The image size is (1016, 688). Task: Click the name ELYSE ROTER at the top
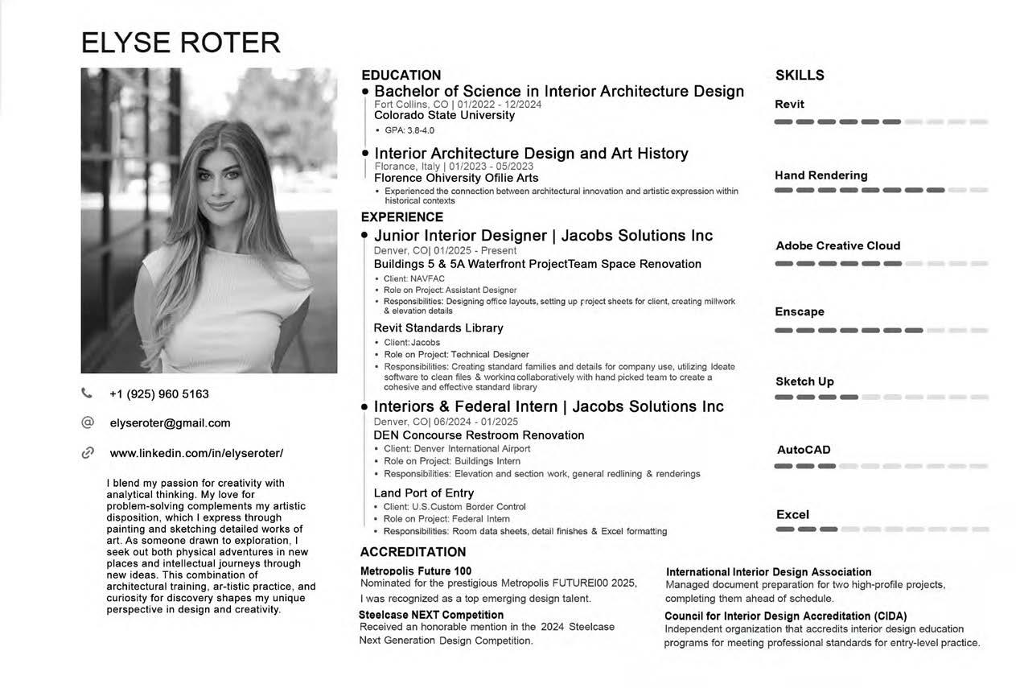[x=180, y=43]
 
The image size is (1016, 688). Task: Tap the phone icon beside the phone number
[x=87, y=393]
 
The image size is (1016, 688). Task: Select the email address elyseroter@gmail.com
[x=170, y=423]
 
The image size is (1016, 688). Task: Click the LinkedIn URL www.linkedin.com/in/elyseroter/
[x=196, y=453]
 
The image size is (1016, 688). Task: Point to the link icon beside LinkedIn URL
[x=88, y=453]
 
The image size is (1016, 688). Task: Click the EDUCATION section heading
[x=401, y=76]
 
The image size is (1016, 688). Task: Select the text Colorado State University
[x=444, y=115]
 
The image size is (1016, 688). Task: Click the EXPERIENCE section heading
[x=401, y=217]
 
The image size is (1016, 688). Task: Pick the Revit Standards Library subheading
[x=438, y=328]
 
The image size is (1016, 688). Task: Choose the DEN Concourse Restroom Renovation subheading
[x=479, y=435]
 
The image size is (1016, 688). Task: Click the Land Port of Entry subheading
[x=424, y=493]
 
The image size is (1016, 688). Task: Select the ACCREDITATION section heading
[x=413, y=552]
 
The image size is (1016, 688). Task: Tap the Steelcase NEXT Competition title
[x=431, y=615]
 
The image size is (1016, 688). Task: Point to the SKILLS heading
[x=800, y=76]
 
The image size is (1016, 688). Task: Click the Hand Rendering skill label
[x=821, y=175]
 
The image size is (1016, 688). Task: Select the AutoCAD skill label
[x=804, y=450]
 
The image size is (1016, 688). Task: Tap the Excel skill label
[x=792, y=515]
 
